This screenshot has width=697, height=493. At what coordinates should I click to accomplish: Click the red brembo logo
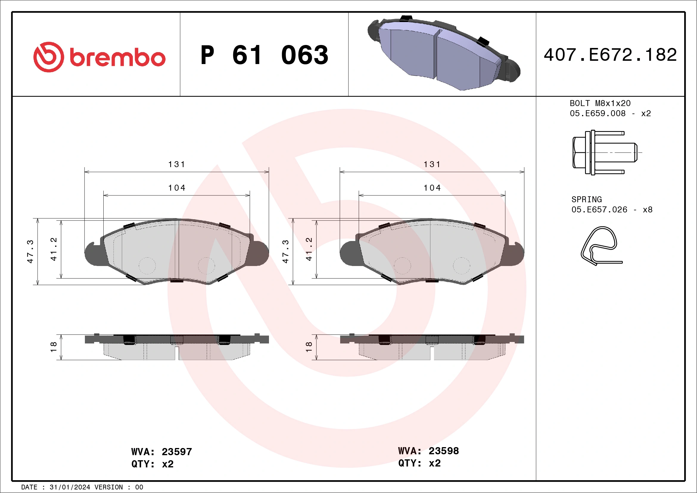pyautogui.click(x=99, y=57)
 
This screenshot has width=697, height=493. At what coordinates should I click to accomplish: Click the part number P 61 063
pyautogui.click(x=264, y=55)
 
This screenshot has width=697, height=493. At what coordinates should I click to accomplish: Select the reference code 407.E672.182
pyautogui.click(x=610, y=55)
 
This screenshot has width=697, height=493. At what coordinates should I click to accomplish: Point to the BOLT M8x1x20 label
pyautogui.click(x=600, y=103)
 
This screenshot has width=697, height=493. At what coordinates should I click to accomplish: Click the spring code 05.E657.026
pyautogui.click(x=599, y=210)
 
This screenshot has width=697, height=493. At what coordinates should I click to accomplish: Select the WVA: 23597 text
pyautogui.click(x=161, y=452)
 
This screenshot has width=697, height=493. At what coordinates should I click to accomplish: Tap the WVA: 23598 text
pyautogui.click(x=428, y=451)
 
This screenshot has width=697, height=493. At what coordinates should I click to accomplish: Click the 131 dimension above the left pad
pyautogui.click(x=177, y=164)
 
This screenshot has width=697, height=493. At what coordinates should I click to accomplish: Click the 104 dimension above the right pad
pyautogui.click(x=432, y=188)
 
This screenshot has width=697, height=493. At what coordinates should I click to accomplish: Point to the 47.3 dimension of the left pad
pyautogui.click(x=30, y=251)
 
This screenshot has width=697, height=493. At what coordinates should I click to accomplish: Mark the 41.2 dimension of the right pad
pyautogui.click(x=309, y=249)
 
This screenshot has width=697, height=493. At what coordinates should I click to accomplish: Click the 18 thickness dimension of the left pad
pyautogui.click(x=53, y=347)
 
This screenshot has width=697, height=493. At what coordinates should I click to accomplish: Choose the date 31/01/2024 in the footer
pyautogui.click(x=70, y=487)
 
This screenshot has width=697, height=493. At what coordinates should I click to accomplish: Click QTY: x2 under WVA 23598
pyautogui.click(x=419, y=463)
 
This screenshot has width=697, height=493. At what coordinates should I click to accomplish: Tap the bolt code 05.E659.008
pyautogui.click(x=598, y=113)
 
